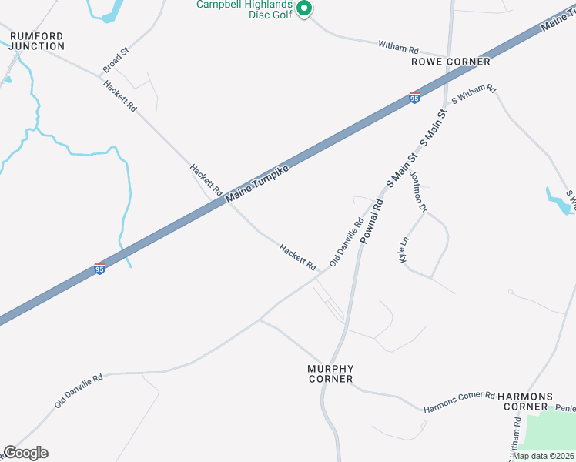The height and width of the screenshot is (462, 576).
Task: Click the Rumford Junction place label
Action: click(x=36, y=41)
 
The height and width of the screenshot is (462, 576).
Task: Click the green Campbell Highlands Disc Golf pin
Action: click(x=303, y=9)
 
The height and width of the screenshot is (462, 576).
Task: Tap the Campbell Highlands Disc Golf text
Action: click(x=244, y=9)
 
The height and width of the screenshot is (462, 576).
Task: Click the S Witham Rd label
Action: click(x=474, y=96)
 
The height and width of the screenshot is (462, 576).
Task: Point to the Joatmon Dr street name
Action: click(x=418, y=191)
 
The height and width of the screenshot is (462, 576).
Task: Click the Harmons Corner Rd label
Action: click(x=459, y=401)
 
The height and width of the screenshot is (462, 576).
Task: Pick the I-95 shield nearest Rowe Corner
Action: click(x=414, y=98)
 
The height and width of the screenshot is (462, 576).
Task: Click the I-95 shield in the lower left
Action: click(x=99, y=268)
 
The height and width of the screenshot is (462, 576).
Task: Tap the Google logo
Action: click(x=25, y=453)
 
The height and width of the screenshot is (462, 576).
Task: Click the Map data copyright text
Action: click(x=544, y=456)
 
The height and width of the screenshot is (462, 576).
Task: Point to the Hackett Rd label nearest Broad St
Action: click(x=120, y=96)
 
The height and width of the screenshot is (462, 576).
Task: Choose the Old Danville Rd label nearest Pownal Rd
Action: click(x=347, y=242)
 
